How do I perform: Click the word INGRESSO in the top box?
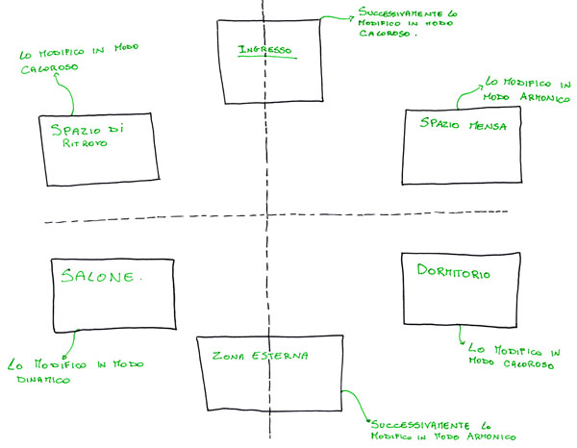pyautogui.click(x=264, y=50)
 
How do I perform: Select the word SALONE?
pyautogui.click(x=100, y=277)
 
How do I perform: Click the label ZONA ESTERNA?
pyautogui.click(x=260, y=356)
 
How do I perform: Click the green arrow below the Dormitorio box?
pyautogui.click(x=459, y=336)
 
